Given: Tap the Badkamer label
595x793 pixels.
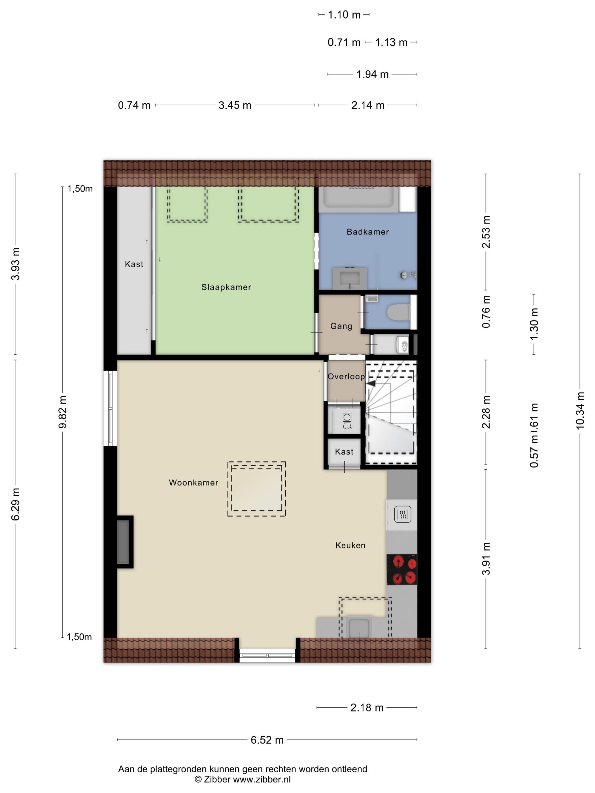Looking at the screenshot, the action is [x=367, y=232].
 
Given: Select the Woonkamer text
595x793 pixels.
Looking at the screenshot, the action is [x=194, y=483].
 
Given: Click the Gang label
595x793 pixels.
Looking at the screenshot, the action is [x=341, y=326].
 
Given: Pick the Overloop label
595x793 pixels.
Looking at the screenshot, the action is [x=346, y=376].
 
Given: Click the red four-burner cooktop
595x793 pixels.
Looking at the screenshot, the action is [x=402, y=569].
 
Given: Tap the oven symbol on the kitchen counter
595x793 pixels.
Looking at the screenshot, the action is [x=402, y=515].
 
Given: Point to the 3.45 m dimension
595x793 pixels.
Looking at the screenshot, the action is [x=235, y=105].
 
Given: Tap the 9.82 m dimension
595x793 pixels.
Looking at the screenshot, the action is [x=63, y=412].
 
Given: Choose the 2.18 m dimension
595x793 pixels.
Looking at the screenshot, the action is [x=367, y=708].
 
